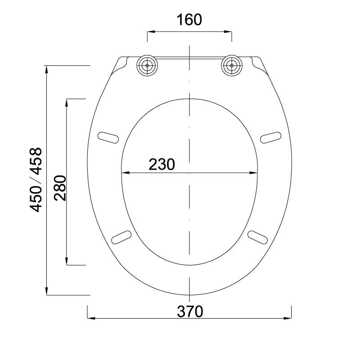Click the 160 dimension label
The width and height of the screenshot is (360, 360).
point(189,20)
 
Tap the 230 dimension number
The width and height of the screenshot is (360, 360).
point(162,164)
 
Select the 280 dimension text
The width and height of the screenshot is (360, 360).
point(60,188)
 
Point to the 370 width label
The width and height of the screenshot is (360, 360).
point(190,311)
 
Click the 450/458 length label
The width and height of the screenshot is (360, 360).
point(36,180)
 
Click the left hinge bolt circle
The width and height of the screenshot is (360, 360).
point(147,65)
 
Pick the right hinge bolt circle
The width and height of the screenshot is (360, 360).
point(232,65)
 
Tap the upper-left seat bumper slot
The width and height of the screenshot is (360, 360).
point(108,138)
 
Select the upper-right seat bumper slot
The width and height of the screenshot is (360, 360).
point(271,138)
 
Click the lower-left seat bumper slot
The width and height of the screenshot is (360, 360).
point(121,238)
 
